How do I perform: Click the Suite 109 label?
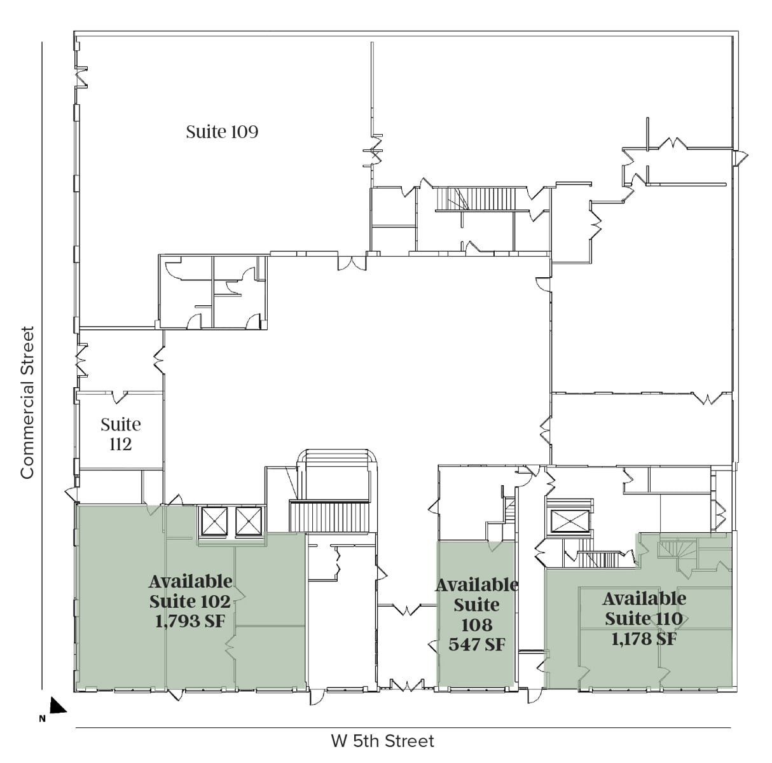tap(222, 132)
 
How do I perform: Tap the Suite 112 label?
tap(121, 434)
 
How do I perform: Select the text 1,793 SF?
tap(190, 621)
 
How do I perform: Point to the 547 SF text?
tap(476, 644)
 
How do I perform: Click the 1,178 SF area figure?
tap(644, 638)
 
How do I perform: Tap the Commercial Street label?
tap(27, 402)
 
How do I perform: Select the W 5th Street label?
tap(382, 741)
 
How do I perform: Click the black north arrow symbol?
tap(57, 705)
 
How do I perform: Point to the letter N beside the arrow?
tap(42, 719)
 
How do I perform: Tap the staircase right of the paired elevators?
tap(329, 516)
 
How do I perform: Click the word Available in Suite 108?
tap(476, 585)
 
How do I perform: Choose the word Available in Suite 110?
tap(644, 598)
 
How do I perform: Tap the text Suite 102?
tap(190, 601)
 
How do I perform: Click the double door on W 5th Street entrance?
tap(406, 685)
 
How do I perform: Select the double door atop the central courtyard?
tap(352, 262)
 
